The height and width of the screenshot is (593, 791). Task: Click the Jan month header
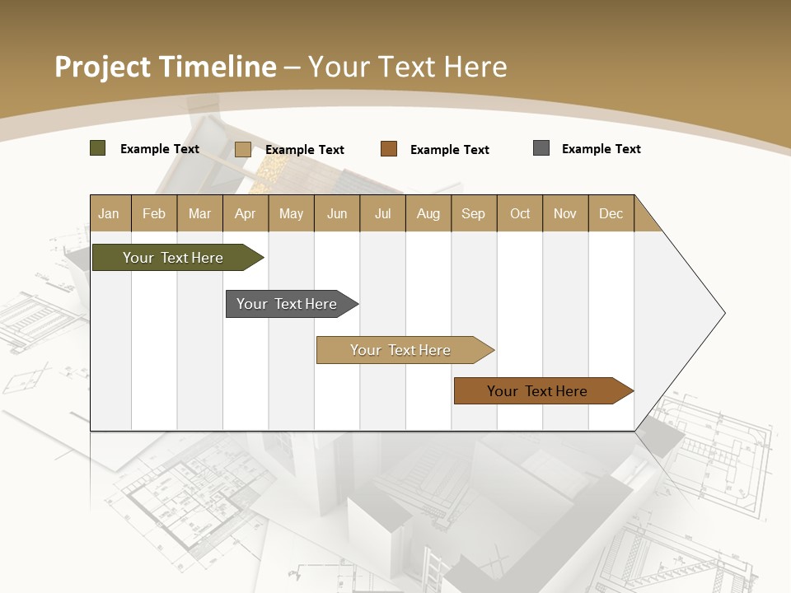tap(109, 213)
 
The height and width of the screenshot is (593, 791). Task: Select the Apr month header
tap(245, 213)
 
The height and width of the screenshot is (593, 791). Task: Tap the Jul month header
tap(382, 213)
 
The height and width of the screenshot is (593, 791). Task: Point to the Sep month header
tap(473, 213)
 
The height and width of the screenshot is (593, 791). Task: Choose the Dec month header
tap(611, 213)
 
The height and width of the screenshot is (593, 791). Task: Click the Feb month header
tap(154, 213)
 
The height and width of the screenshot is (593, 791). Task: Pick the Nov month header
tap(564, 213)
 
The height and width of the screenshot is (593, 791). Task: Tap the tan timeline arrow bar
tap(402, 350)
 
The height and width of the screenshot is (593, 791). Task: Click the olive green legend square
tap(98, 148)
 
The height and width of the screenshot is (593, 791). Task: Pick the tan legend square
tap(243, 149)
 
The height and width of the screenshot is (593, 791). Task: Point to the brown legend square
tap(389, 149)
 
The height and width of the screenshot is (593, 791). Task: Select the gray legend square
tap(541, 148)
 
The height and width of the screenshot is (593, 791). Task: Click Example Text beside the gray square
tap(601, 149)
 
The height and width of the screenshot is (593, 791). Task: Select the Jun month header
tap(337, 213)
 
